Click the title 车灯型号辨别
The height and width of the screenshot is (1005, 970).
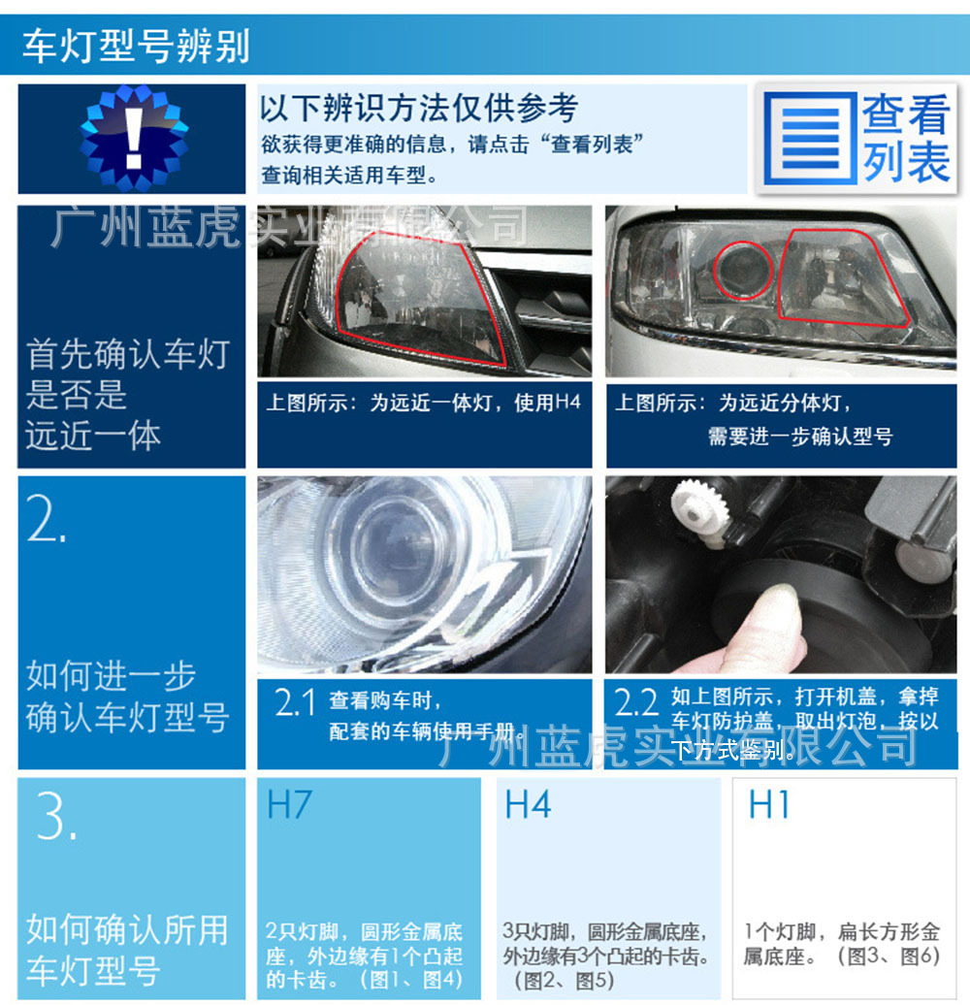136,46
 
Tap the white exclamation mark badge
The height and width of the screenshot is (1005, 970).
133,138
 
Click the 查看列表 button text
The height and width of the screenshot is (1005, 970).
906,139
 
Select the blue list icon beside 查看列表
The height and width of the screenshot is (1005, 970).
809,139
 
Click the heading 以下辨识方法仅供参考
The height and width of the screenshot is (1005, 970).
418,108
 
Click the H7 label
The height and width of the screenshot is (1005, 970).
289,805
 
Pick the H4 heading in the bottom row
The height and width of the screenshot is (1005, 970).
528,805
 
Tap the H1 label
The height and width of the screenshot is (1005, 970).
768,805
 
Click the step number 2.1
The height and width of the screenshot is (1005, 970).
295,703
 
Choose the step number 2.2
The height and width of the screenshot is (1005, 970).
636,703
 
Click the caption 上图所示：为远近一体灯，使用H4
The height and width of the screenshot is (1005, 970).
423,402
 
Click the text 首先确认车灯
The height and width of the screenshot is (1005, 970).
128,354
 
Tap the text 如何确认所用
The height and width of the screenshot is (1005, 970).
127,929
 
